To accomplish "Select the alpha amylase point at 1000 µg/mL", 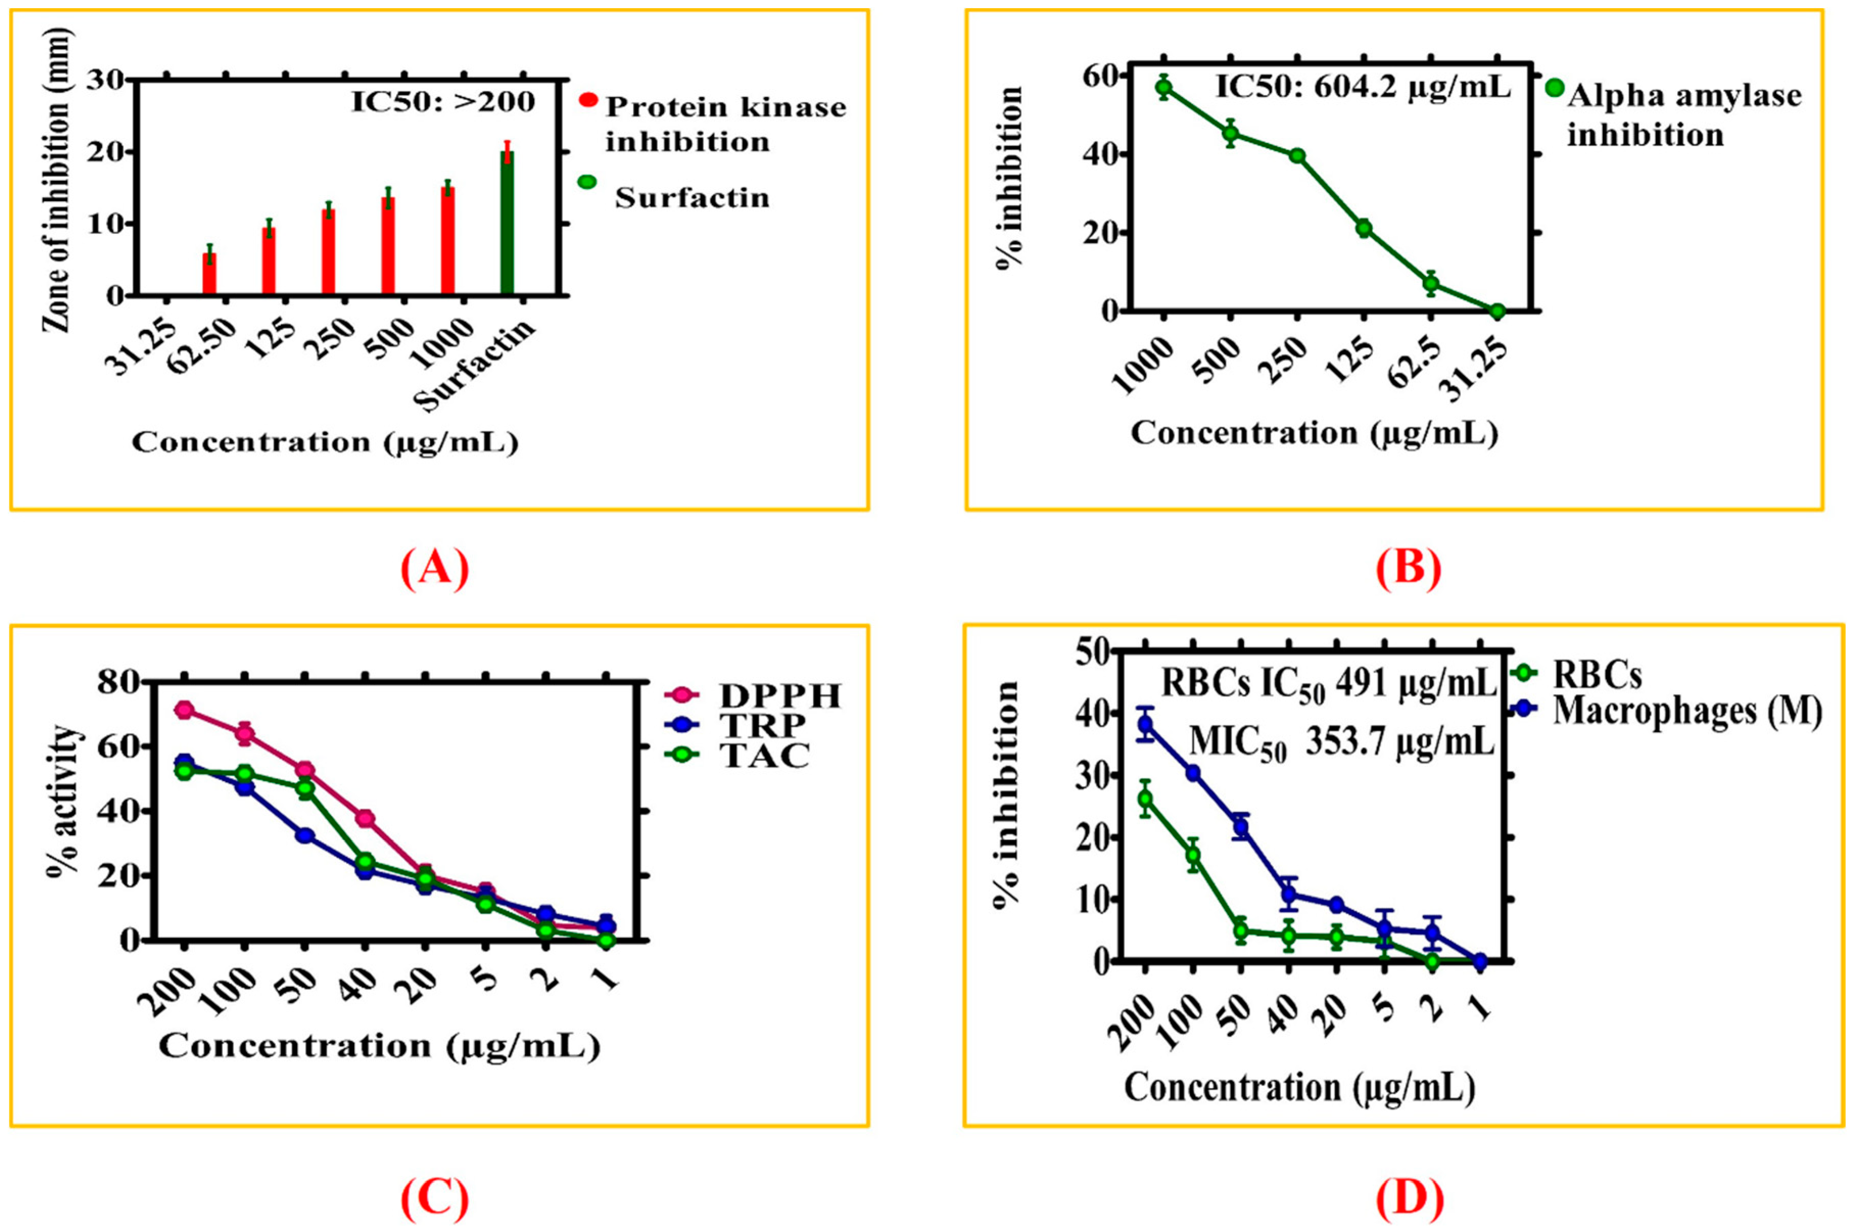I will pyautogui.click(x=1165, y=87).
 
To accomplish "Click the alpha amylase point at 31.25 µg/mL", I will pyautogui.click(x=1497, y=312).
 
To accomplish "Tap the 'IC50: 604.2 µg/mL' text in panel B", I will pyautogui.click(x=1363, y=86).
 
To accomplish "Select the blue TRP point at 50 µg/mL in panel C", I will pyautogui.click(x=304, y=835).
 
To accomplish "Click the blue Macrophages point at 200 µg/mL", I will pyautogui.click(x=1146, y=724).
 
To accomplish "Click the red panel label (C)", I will pyautogui.click(x=434, y=1199).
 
